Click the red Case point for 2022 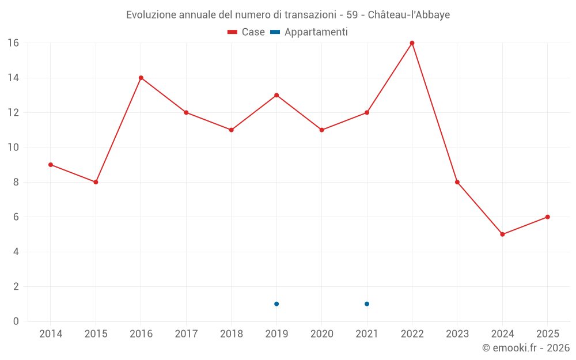[412, 43]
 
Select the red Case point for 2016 [141, 78]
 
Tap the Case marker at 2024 [502, 234]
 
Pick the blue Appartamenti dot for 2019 [276, 304]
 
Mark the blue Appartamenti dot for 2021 [367, 304]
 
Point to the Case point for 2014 [51, 165]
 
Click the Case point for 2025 [547, 217]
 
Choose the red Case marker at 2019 [276, 95]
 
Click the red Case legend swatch [233, 32]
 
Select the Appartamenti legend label [316, 32]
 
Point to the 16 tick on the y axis [13, 43]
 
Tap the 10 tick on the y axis [13, 147]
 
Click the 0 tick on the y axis [16, 321]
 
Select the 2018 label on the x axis [231, 334]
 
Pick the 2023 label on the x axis [457, 334]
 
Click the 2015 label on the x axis [96, 334]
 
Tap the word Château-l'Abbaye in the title [408, 14]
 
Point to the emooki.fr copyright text [526, 348]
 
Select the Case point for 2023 [457, 182]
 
